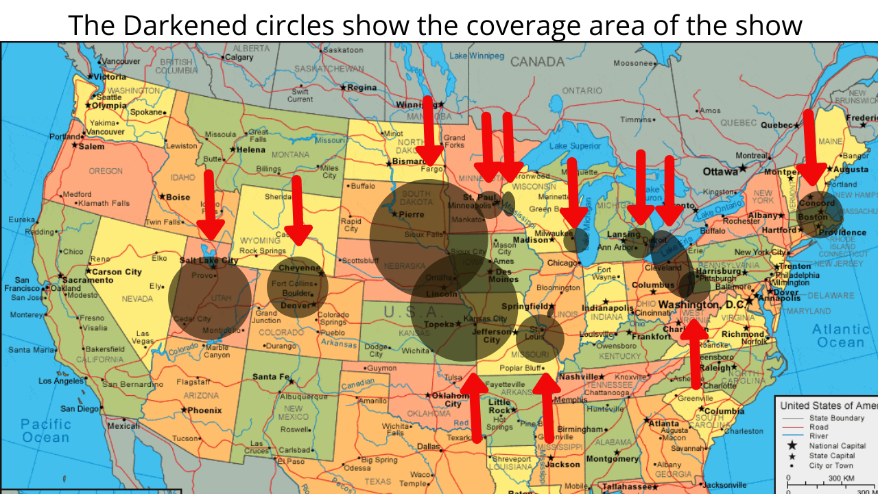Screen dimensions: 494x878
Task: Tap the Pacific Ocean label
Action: click(45, 430)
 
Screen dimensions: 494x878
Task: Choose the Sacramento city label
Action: click(89, 280)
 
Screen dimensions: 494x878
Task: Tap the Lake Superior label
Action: click(575, 145)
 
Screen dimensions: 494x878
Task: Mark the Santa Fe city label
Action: click(270, 377)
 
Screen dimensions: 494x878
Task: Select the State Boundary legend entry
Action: click(838, 417)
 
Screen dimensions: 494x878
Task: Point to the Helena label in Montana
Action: click(251, 150)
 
